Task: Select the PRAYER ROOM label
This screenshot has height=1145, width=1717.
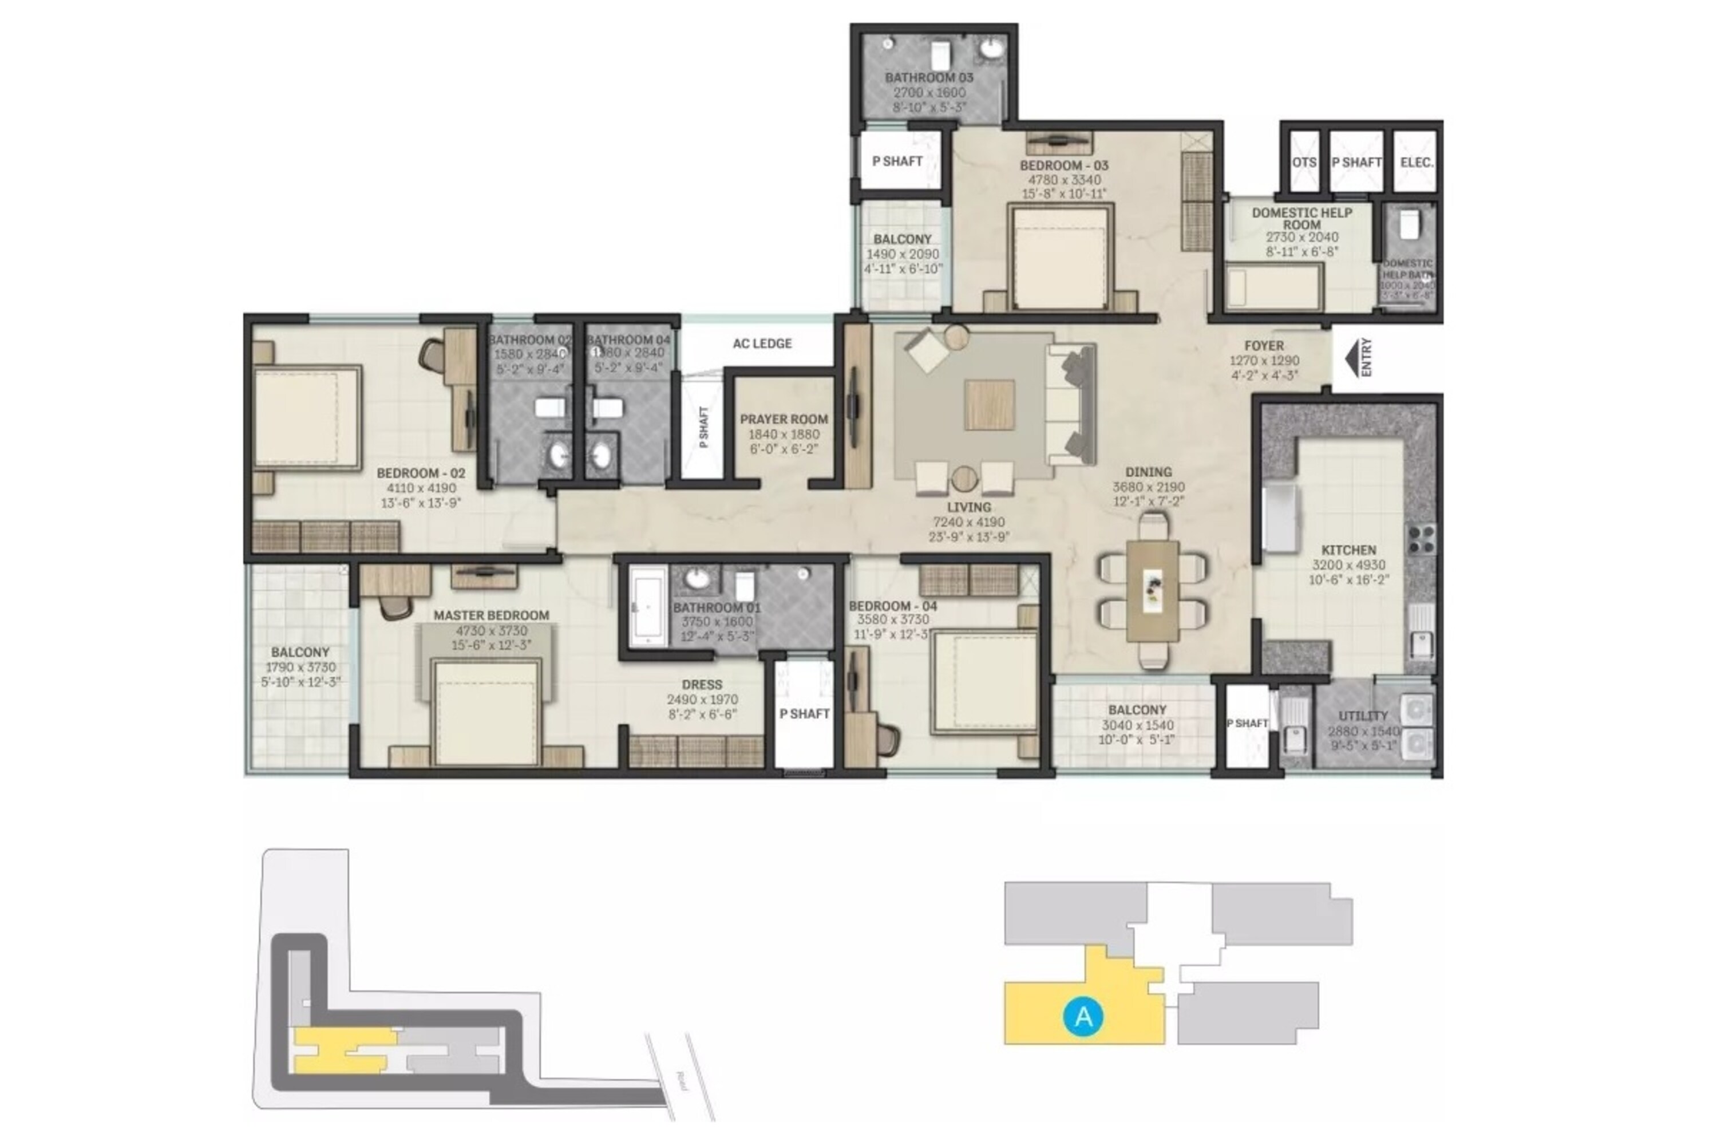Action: [784, 419]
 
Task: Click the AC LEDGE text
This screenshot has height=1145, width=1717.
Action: [762, 343]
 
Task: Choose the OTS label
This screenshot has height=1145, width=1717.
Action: [1304, 162]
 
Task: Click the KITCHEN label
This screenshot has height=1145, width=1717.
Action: [1348, 550]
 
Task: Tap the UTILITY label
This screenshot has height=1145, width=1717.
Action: [1363, 716]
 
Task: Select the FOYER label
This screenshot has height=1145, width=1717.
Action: [1264, 345]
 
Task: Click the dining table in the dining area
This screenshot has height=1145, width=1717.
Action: [1152, 591]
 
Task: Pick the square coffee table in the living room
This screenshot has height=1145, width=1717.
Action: [989, 405]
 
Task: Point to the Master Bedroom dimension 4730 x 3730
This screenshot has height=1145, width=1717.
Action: [491, 631]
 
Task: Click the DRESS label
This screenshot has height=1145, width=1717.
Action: [702, 684]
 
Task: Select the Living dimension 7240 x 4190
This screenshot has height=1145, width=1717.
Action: [969, 522]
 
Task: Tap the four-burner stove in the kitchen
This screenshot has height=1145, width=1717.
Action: [1421, 538]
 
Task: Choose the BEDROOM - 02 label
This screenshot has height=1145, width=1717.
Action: [421, 473]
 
